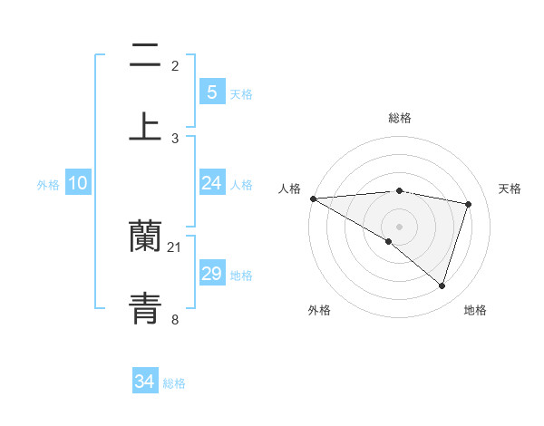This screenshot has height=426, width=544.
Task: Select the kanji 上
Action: [145, 125]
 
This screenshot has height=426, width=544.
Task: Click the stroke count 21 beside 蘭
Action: [175, 247]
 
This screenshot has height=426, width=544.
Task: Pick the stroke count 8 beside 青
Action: [175, 319]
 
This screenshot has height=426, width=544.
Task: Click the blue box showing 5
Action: [211, 92]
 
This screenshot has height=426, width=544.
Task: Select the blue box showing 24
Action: [211, 183]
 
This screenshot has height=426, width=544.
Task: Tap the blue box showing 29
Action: [211, 274]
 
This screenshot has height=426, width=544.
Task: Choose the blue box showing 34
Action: [145, 382]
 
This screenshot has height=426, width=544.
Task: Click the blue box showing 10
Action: [78, 183]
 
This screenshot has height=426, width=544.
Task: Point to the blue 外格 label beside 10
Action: [48, 185]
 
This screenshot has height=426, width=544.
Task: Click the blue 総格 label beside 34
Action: [174, 383]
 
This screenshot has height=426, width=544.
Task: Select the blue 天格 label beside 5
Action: [241, 93]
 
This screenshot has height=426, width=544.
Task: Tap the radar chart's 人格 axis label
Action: [289, 189]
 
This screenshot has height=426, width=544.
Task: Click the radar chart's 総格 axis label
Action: [399, 118]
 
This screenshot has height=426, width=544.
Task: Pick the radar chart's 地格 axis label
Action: [475, 310]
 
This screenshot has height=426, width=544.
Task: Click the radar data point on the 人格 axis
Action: [313, 198]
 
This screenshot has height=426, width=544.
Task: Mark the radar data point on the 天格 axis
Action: [469, 204]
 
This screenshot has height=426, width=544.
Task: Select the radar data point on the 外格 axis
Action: [389, 242]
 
